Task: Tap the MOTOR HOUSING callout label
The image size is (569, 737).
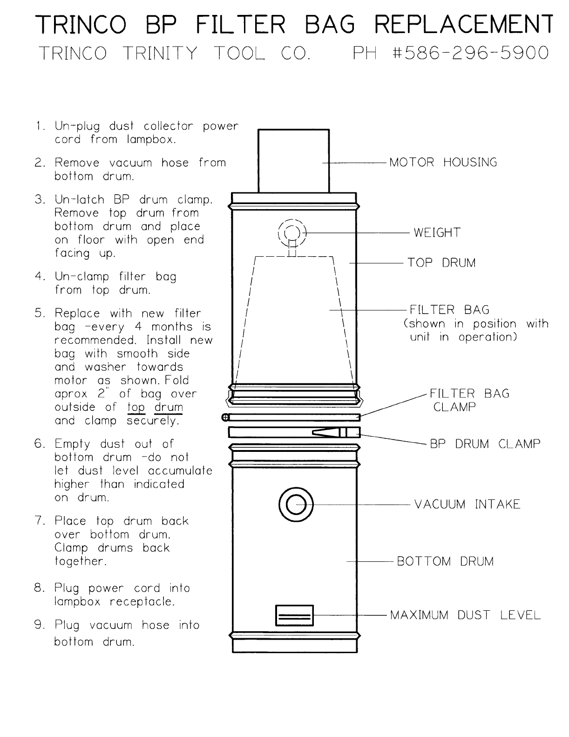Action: click(x=443, y=163)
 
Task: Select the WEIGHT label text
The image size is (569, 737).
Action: click(x=437, y=232)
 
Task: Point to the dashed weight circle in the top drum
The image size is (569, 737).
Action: click(x=292, y=232)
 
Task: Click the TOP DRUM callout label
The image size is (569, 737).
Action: click(x=441, y=263)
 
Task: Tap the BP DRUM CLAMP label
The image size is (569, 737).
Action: click(x=485, y=444)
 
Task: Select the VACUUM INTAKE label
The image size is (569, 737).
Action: click(x=467, y=505)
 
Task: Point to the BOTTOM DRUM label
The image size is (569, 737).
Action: click(x=445, y=561)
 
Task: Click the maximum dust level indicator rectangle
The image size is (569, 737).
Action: click(x=294, y=615)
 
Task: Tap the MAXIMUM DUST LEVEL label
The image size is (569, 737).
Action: click(x=465, y=615)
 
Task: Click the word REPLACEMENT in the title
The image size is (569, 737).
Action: click(x=464, y=24)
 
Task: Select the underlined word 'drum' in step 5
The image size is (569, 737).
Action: click(x=169, y=407)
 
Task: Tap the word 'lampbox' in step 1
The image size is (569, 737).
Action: click(x=151, y=140)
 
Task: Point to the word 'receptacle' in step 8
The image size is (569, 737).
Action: click(x=142, y=602)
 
